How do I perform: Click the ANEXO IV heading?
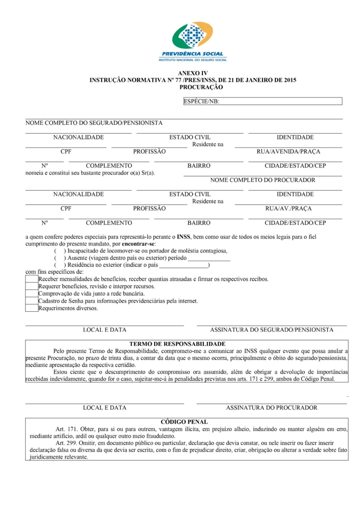tap(192, 73)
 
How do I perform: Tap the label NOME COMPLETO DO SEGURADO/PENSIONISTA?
tap(94, 123)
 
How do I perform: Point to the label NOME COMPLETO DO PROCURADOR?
tap(263, 180)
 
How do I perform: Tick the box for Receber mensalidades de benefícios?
tap(32, 279)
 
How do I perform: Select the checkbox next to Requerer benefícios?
tap(32, 286)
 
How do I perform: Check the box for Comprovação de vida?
tap(32, 293)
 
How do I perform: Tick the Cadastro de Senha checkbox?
tap(32, 301)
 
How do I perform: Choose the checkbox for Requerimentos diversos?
tap(32, 308)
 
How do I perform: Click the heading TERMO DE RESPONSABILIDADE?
tap(178, 344)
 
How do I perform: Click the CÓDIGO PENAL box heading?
tap(184, 422)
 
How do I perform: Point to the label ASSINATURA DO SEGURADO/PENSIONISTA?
tap(271, 330)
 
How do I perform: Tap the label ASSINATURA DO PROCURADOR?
tap(271, 408)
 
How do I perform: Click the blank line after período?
tap(209, 259)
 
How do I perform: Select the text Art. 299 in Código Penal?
tap(66, 442)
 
